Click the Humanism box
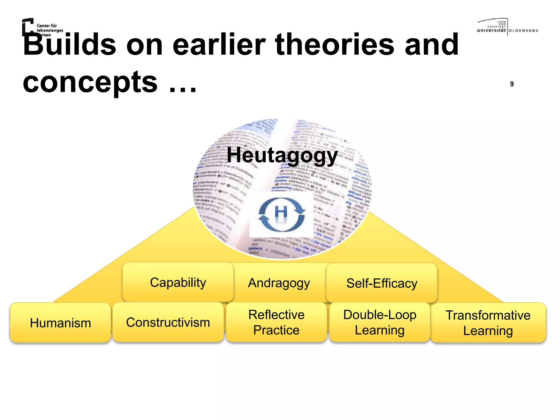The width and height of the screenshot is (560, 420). click(60, 323)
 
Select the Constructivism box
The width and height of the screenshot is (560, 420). click(168, 322)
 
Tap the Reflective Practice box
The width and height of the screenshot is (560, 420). click(276, 322)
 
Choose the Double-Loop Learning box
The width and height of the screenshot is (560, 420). click(380, 322)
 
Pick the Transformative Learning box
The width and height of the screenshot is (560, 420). click(488, 323)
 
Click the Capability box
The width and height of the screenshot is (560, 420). click(178, 282)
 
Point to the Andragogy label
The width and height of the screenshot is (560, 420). click(279, 283)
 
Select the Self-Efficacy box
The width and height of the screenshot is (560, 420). click(382, 283)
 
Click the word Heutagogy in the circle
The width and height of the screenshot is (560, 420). click(282, 155)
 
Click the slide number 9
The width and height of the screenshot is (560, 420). click(512, 84)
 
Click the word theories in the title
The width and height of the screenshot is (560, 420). click(335, 45)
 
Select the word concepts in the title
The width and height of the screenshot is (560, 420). click(90, 82)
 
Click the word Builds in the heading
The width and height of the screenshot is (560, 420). click(70, 45)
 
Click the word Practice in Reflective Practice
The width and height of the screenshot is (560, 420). click(276, 330)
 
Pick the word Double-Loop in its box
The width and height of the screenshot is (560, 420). click(380, 315)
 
